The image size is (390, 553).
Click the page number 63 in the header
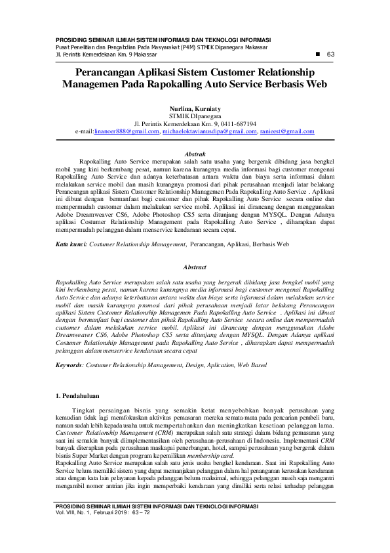(x=330, y=54)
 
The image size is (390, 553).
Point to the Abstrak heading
(x=195, y=152)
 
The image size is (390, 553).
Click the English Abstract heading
(x=195, y=267)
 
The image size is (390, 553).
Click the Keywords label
(x=69, y=363)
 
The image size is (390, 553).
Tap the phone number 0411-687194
(x=237, y=123)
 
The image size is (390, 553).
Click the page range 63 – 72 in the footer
(x=140, y=512)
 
